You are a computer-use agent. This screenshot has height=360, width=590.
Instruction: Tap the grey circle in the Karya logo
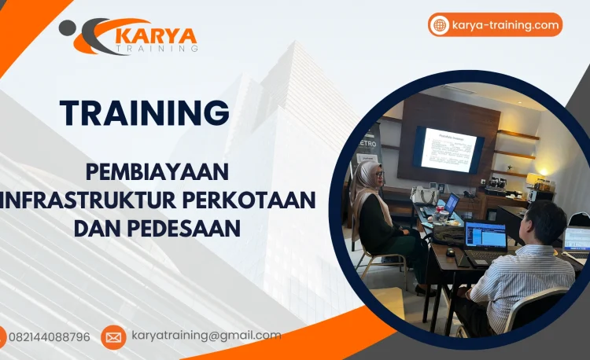pyautogui.click(x=68, y=28)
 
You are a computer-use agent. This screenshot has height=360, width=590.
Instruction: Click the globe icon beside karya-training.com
pyautogui.click(x=440, y=25)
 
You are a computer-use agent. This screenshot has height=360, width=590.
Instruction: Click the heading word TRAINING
pyautogui.click(x=145, y=112)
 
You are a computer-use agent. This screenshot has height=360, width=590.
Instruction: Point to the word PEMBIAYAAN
pyautogui.click(x=157, y=171)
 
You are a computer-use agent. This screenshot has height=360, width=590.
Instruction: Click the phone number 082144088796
pyautogui.click(x=49, y=337)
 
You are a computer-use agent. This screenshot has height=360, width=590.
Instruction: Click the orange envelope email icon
pyautogui.click(x=113, y=337)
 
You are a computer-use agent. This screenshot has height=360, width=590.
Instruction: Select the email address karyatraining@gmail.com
pyautogui.click(x=205, y=336)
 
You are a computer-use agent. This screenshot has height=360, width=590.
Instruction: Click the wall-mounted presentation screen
pyautogui.click(x=448, y=149)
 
